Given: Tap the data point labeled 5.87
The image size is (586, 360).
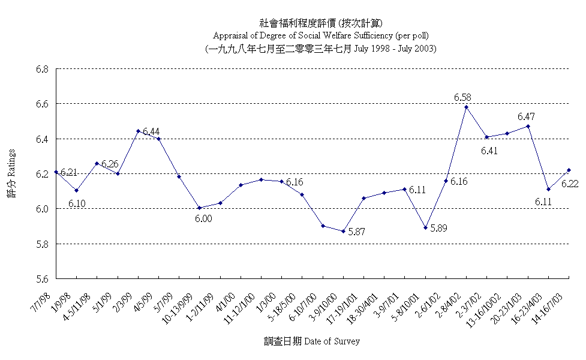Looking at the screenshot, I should [x=344, y=231].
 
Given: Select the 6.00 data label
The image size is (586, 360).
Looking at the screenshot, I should [x=203, y=219].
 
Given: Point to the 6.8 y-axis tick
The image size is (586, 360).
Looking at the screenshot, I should [x=41, y=69].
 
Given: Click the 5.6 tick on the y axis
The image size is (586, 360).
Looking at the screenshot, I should [x=41, y=279].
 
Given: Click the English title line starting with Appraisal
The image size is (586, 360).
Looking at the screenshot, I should [x=320, y=35].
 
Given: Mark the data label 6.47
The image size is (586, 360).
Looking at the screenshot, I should [x=527, y=116].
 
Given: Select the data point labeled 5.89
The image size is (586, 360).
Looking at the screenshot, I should [x=425, y=228].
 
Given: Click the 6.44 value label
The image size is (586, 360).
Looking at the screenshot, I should [x=151, y=131].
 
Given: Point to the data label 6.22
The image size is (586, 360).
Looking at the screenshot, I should [x=570, y=184].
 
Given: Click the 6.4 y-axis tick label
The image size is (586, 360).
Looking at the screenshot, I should [x=41, y=139].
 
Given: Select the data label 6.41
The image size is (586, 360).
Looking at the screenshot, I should [x=490, y=151].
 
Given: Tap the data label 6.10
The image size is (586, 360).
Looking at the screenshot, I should [x=77, y=203].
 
